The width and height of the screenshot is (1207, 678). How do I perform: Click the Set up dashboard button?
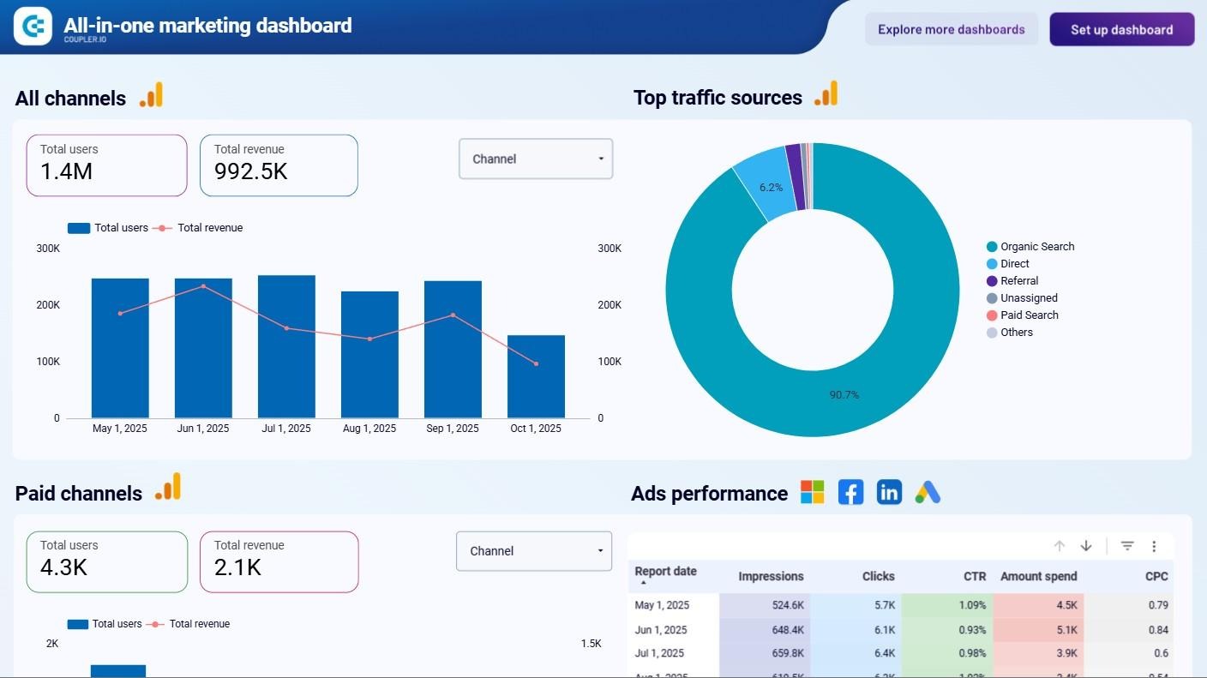(x=1121, y=30)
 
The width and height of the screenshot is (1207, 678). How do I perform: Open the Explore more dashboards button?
(x=951, y=30)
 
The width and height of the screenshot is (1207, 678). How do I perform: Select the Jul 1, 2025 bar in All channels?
(x=286, y=346)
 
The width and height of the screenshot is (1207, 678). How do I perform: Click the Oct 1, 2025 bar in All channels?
(x=536, y=376)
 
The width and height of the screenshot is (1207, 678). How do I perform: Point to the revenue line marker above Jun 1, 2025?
(x=203, y=286)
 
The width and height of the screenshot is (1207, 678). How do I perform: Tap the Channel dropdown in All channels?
(x=536, y=159)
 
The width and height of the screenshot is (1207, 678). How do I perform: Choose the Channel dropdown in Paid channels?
(x=534, y=551)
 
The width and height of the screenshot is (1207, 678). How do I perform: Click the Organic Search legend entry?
(x=1036, y=247)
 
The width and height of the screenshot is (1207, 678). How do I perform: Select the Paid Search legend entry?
(x=1029, y=315)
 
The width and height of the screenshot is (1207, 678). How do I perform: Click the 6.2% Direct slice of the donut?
(x=761, y=183)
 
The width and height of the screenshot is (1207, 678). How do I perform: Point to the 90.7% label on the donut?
(x=844, y=395)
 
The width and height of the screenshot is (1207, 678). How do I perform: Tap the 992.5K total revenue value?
(x=250, y=171)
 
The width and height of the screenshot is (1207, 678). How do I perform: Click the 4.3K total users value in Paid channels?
(x=63, y=567)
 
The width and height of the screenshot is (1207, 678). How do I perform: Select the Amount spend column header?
(x=1038, y=576)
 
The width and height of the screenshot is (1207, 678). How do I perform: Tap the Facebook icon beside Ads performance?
(x=850, y=492)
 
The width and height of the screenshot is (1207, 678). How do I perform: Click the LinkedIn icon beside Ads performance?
(x=889, y=492)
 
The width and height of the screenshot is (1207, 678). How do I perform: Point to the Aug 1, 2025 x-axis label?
(x=369, y=429)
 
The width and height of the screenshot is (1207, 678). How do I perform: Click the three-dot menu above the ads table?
(x=1154, y=546)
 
